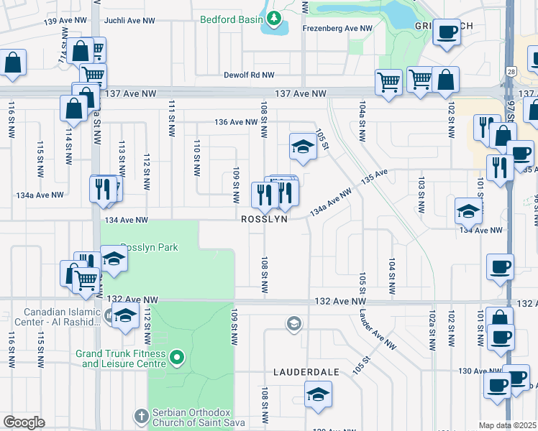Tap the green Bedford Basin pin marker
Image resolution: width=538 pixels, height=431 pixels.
[273, 19]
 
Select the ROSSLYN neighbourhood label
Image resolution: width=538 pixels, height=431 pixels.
[264, 219]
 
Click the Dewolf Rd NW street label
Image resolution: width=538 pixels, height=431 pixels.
[249, 75]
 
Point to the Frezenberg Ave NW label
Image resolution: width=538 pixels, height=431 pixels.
[337, 29]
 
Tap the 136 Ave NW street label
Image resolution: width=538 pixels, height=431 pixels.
[235, 122]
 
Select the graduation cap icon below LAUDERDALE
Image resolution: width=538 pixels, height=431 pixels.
[318, 394]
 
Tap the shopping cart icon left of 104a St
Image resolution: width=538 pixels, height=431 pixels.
[388, 82]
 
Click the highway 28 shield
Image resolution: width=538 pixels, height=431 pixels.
[509, 71]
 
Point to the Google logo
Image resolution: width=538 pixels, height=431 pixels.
[24, 422]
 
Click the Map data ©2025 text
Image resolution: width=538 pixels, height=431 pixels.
[507, 425]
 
